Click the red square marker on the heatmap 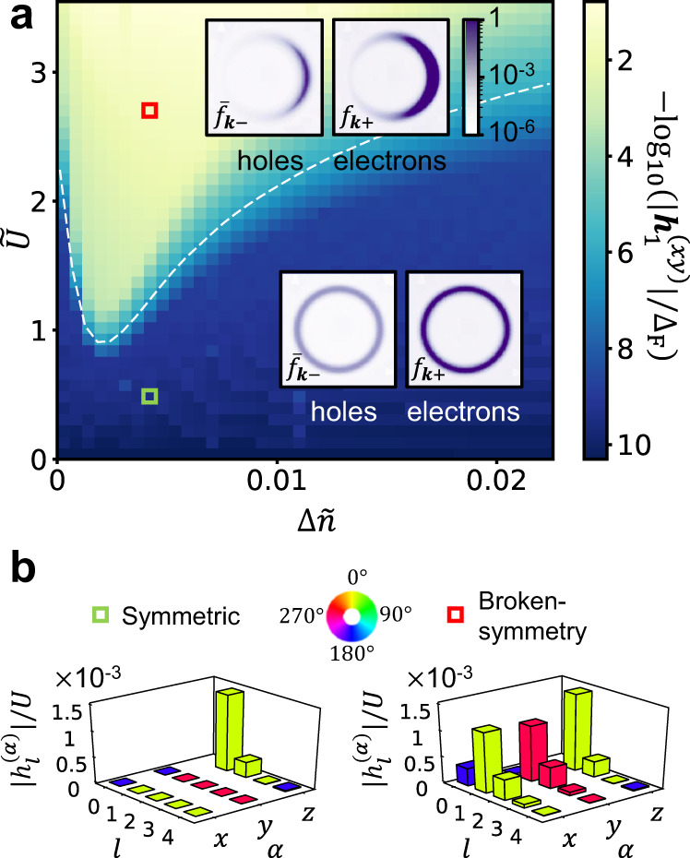pos(149,111)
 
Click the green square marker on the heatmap pos(149,396)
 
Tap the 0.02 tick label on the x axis pos(496,482)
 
